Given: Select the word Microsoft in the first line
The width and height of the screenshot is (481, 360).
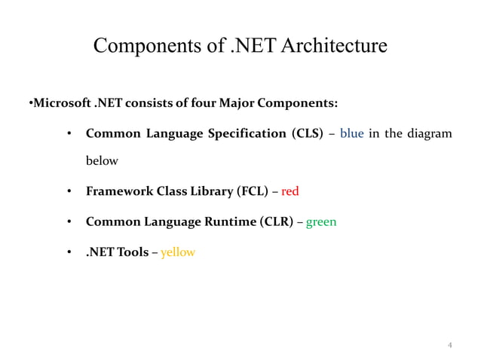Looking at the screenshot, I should pyautogui.click(x=59, y=102).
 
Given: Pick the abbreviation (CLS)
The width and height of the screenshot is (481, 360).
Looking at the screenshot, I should pyautogui.click(x=308, y=134).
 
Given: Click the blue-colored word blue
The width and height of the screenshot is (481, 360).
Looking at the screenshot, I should pyautogui.click(x=352, y=134).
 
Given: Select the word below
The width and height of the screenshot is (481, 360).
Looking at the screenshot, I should pyautogui.click(x=102, y=161).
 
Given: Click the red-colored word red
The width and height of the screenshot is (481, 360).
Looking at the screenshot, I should pyautogui.click(x=290, y=191).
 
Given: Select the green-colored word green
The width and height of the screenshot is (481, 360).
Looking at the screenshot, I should pyautogui.click(x=321, y=222).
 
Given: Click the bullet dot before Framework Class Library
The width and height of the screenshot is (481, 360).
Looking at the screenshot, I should pyautogui.click(x=69, y=191).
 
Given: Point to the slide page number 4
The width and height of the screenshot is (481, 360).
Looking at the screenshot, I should pyautogui.click(x=450, y=346).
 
